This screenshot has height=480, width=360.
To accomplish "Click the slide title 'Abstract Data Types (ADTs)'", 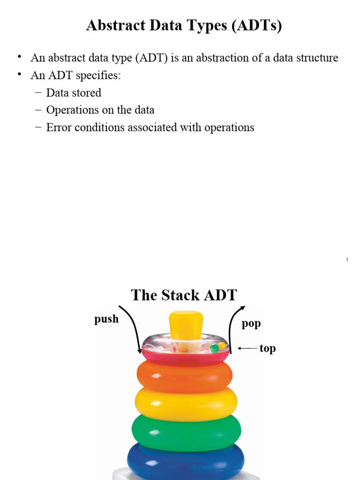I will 184,26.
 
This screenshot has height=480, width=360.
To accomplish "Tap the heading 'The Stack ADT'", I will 184,295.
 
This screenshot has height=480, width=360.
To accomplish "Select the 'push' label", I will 106,319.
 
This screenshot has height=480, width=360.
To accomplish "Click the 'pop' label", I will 251,323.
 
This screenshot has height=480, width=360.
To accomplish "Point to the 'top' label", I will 268,348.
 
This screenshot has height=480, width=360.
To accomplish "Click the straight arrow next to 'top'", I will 247,348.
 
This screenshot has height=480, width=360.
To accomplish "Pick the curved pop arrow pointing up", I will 235,328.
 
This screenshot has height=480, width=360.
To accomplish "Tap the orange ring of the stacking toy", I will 184,375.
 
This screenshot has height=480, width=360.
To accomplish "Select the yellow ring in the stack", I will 186,403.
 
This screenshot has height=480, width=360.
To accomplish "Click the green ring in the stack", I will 186,431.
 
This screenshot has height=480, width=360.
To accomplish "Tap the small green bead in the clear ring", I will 214,348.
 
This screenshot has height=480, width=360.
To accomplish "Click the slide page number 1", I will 347,259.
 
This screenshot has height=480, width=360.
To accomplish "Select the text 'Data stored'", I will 74,93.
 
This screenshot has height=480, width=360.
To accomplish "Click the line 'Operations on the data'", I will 100,110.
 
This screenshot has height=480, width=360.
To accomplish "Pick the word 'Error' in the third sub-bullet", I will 58,127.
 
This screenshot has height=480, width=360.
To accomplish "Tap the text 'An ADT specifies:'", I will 76,75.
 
